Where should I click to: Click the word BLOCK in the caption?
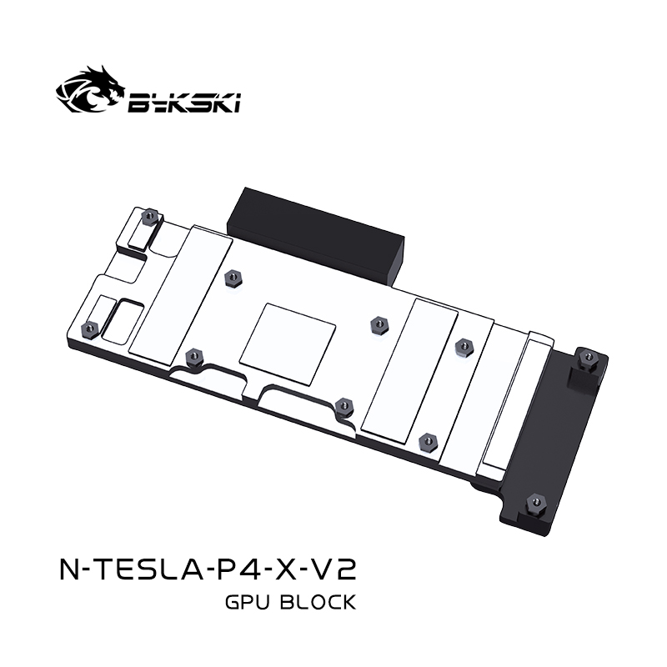pos(320,601)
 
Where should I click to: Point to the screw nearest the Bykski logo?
pos(149,215)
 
